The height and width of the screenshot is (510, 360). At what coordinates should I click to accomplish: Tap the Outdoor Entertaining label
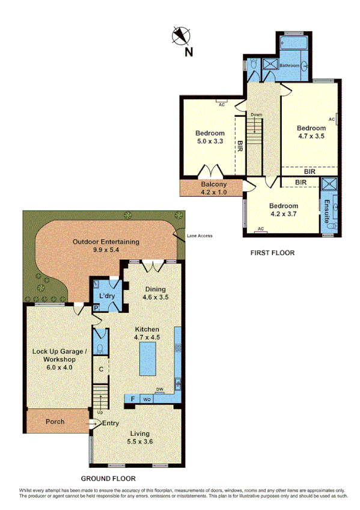tap(106, 245)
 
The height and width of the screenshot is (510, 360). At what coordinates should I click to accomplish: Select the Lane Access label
tap(199, 235)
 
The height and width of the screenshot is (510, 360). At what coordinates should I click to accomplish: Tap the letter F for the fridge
tap(132, 398)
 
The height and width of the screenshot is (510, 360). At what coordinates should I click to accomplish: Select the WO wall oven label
tap(146, 399)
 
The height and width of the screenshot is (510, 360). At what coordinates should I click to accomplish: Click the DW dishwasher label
tap(160, 390)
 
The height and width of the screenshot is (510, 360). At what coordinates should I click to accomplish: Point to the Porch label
tap(55, 422)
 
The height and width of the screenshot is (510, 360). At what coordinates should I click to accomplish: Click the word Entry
tap(111, 423)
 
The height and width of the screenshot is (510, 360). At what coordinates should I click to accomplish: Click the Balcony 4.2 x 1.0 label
tap(213, 188)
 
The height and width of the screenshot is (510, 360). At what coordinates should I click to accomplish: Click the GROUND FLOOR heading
tap(108, 479)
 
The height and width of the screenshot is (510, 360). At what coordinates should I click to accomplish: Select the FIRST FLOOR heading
tap(272, 253)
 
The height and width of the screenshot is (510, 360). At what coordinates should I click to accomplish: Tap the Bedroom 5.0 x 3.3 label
tap(210, 137)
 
